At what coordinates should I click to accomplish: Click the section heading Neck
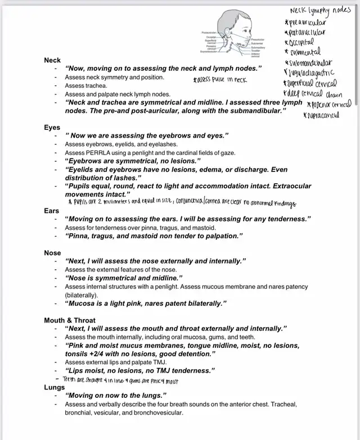(x=52, y=60)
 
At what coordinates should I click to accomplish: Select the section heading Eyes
(x=52, y=128)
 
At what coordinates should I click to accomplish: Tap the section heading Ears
(x=52, y=211)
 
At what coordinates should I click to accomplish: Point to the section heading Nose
(x=53, y=253)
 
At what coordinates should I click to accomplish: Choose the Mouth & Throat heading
(x=70, y=320)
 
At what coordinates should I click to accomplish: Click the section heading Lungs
(x=55, y=387)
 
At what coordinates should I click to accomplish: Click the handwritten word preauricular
(x=308, y=22)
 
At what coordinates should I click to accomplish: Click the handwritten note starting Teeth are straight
(x=121, y=380)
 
